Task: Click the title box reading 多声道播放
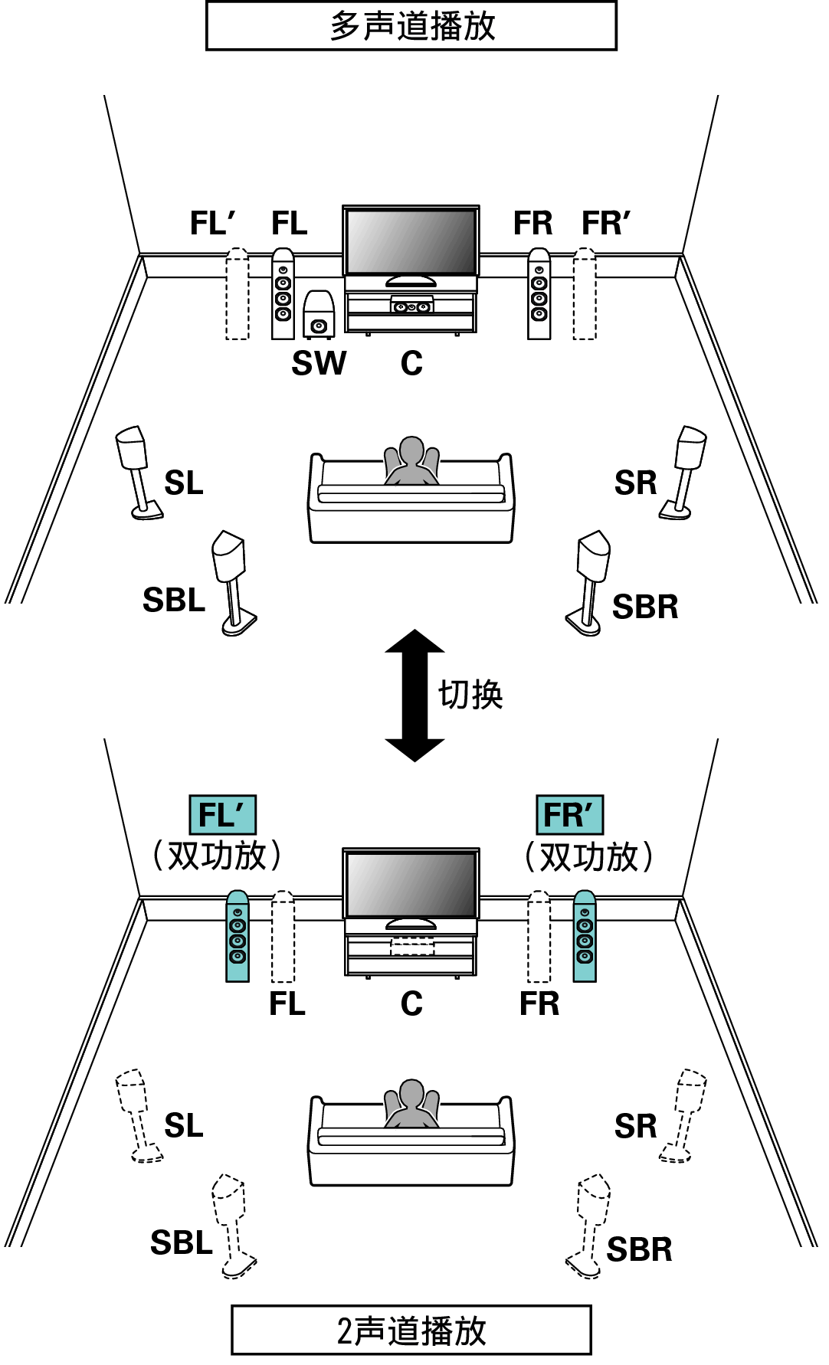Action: click(x=411, y=26)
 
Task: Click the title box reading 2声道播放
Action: click(x=411, y=1331)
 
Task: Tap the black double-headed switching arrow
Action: click(x=414, y=696)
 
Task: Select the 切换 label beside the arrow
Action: click(x=470, y=695)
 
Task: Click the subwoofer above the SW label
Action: click(x=318, y=314)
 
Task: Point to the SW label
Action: click(x=319, y=363)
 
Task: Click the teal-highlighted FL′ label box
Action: click(x=223, y=815)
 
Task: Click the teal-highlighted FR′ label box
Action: click(x=569, y=815)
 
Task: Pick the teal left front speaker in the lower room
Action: click(x=238, y=936)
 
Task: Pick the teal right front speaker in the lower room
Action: click(x=585, y=936)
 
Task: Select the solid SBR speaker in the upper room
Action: click(x=588, y=583)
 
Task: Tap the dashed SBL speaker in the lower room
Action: click(x=234, y=1226)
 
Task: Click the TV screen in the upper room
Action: click(x=411, y=241)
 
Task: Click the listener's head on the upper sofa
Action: click(x=411, y=450)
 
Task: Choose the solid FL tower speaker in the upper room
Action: click(x=283, y=293)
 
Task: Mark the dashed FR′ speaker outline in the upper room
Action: click(x=585, y=293)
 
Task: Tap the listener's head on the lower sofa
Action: click(x=411, y=1093)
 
